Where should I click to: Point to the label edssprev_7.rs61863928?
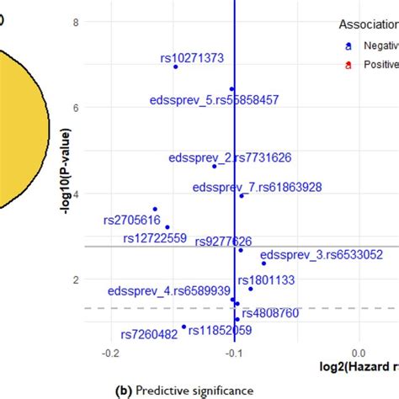(x=256, y=187)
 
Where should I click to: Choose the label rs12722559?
(x=154, y=237)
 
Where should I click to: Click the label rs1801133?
(x=266, y=279)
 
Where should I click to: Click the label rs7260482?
(x=149, y=334)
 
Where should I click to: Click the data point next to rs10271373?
(x=175, y=66)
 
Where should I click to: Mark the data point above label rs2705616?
(x=155, y=209)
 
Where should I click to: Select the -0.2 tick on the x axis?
(x=110, y=354)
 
